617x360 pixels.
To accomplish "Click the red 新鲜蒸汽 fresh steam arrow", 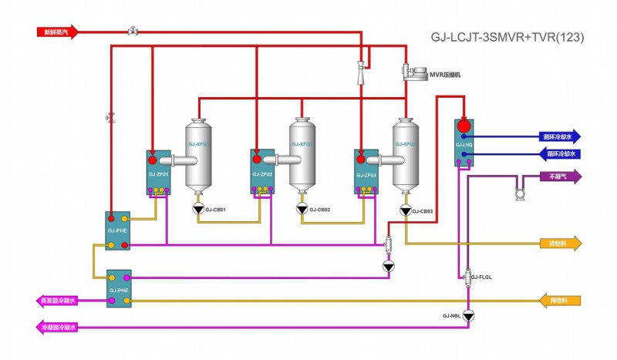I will [x=57, y=32].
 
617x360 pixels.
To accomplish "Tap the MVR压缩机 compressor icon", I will [x=414, y=72].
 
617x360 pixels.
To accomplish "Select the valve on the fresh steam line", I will [x=133, y=31].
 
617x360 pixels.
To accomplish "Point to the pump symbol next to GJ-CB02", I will [x=301, y=209].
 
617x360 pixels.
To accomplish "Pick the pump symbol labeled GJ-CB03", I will [x=405, y=210].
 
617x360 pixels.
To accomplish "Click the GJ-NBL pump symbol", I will [x=469, y=315].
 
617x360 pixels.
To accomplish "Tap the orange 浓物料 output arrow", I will [x=560, y=244].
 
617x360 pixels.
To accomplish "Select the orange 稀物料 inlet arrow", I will [x=560, y=300].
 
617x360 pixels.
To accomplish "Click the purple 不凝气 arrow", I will [x=560, y=176].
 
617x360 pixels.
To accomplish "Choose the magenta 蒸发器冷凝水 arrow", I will [x=57, y=301].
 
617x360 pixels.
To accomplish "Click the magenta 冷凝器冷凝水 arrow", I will [x=57, y=328].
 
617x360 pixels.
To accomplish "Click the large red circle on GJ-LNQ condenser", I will [x=464, y=125].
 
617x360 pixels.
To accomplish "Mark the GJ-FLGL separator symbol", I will [x=468, y=274].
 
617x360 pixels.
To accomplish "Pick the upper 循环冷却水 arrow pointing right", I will [x=560, y=136].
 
